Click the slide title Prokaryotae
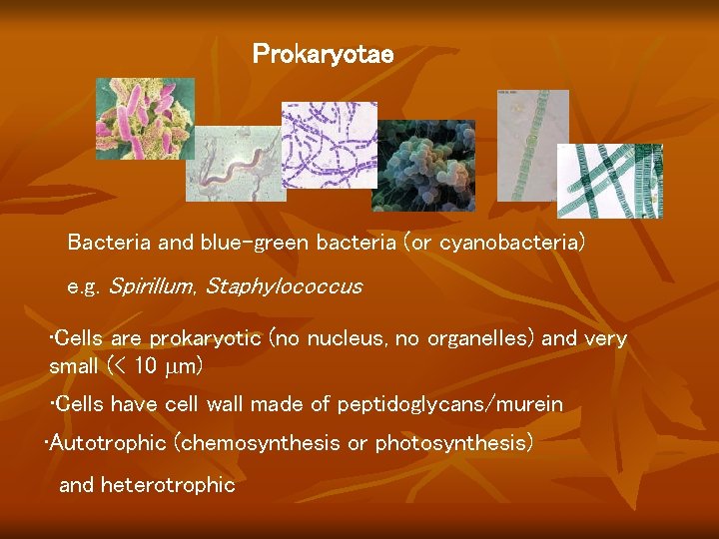tap(323, 54)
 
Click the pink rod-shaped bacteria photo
tap(145, 119)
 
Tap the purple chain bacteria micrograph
tap(329, 144)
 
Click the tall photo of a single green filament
tap(532, 145)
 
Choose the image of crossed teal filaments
tap(609, 181)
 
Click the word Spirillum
tap(151, 286)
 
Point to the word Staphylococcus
tap(284, 286)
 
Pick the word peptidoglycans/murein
tap(450, 404)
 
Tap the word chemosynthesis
tap(262, 442)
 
